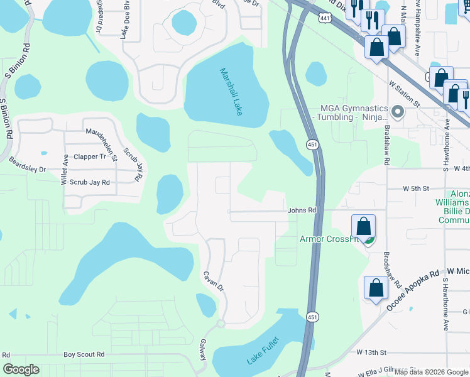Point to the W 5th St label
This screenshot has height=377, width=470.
pyautogui.click(x=415, y=188)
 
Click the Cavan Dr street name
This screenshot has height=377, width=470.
pyautogui.click(x=213, y=280)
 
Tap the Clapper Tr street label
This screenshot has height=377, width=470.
pyautogui.click(x=90, y=157)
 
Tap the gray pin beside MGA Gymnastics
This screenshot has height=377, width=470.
pyautogui.click(x=397, y=112)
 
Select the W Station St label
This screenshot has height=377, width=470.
pyautogui.click(x=404, y=92)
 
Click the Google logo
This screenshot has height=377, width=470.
pyautogui.click(x=21, y=369)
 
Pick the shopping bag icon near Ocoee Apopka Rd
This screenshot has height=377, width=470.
pyautogui.click(x=376, y=288)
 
